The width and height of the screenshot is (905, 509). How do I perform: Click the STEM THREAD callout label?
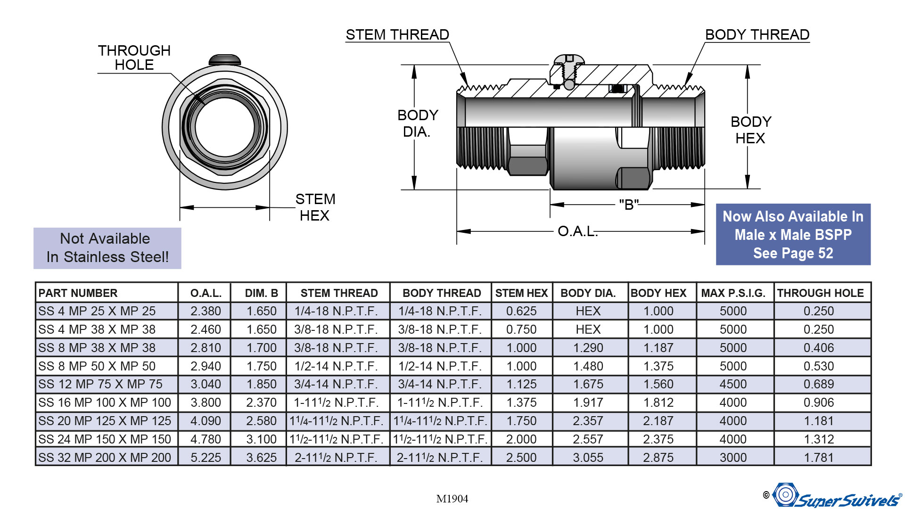point(397,35)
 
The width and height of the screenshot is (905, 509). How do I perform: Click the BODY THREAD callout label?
point(757,35)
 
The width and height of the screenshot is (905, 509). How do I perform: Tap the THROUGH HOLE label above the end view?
point(134,57)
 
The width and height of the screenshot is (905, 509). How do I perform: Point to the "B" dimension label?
point(629,205)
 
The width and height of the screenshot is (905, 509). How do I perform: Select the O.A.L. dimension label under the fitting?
point(577,231)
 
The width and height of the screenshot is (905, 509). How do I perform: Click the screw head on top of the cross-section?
point(569,60)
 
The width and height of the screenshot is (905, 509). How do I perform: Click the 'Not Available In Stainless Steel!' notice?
point(107,248)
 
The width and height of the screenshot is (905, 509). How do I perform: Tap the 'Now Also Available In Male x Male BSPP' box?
point(793,235)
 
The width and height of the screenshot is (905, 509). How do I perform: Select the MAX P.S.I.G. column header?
point(733,293)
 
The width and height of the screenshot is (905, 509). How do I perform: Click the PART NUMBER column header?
point(78,293)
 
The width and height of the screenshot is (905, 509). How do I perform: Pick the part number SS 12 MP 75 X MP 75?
point(100,384)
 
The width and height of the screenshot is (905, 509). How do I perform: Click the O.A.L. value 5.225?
point(206,458)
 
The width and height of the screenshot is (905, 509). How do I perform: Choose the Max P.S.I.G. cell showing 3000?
point(733,458)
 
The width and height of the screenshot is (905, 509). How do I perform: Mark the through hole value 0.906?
point(819,402)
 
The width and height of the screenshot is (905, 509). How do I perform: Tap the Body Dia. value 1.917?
point(588,402)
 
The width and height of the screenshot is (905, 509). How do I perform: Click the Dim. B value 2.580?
point(261,421)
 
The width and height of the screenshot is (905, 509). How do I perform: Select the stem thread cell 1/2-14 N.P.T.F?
point(336,366)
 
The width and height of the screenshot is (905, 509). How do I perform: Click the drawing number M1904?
point(452,499)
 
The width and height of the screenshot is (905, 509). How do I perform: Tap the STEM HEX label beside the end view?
point(315,207)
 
